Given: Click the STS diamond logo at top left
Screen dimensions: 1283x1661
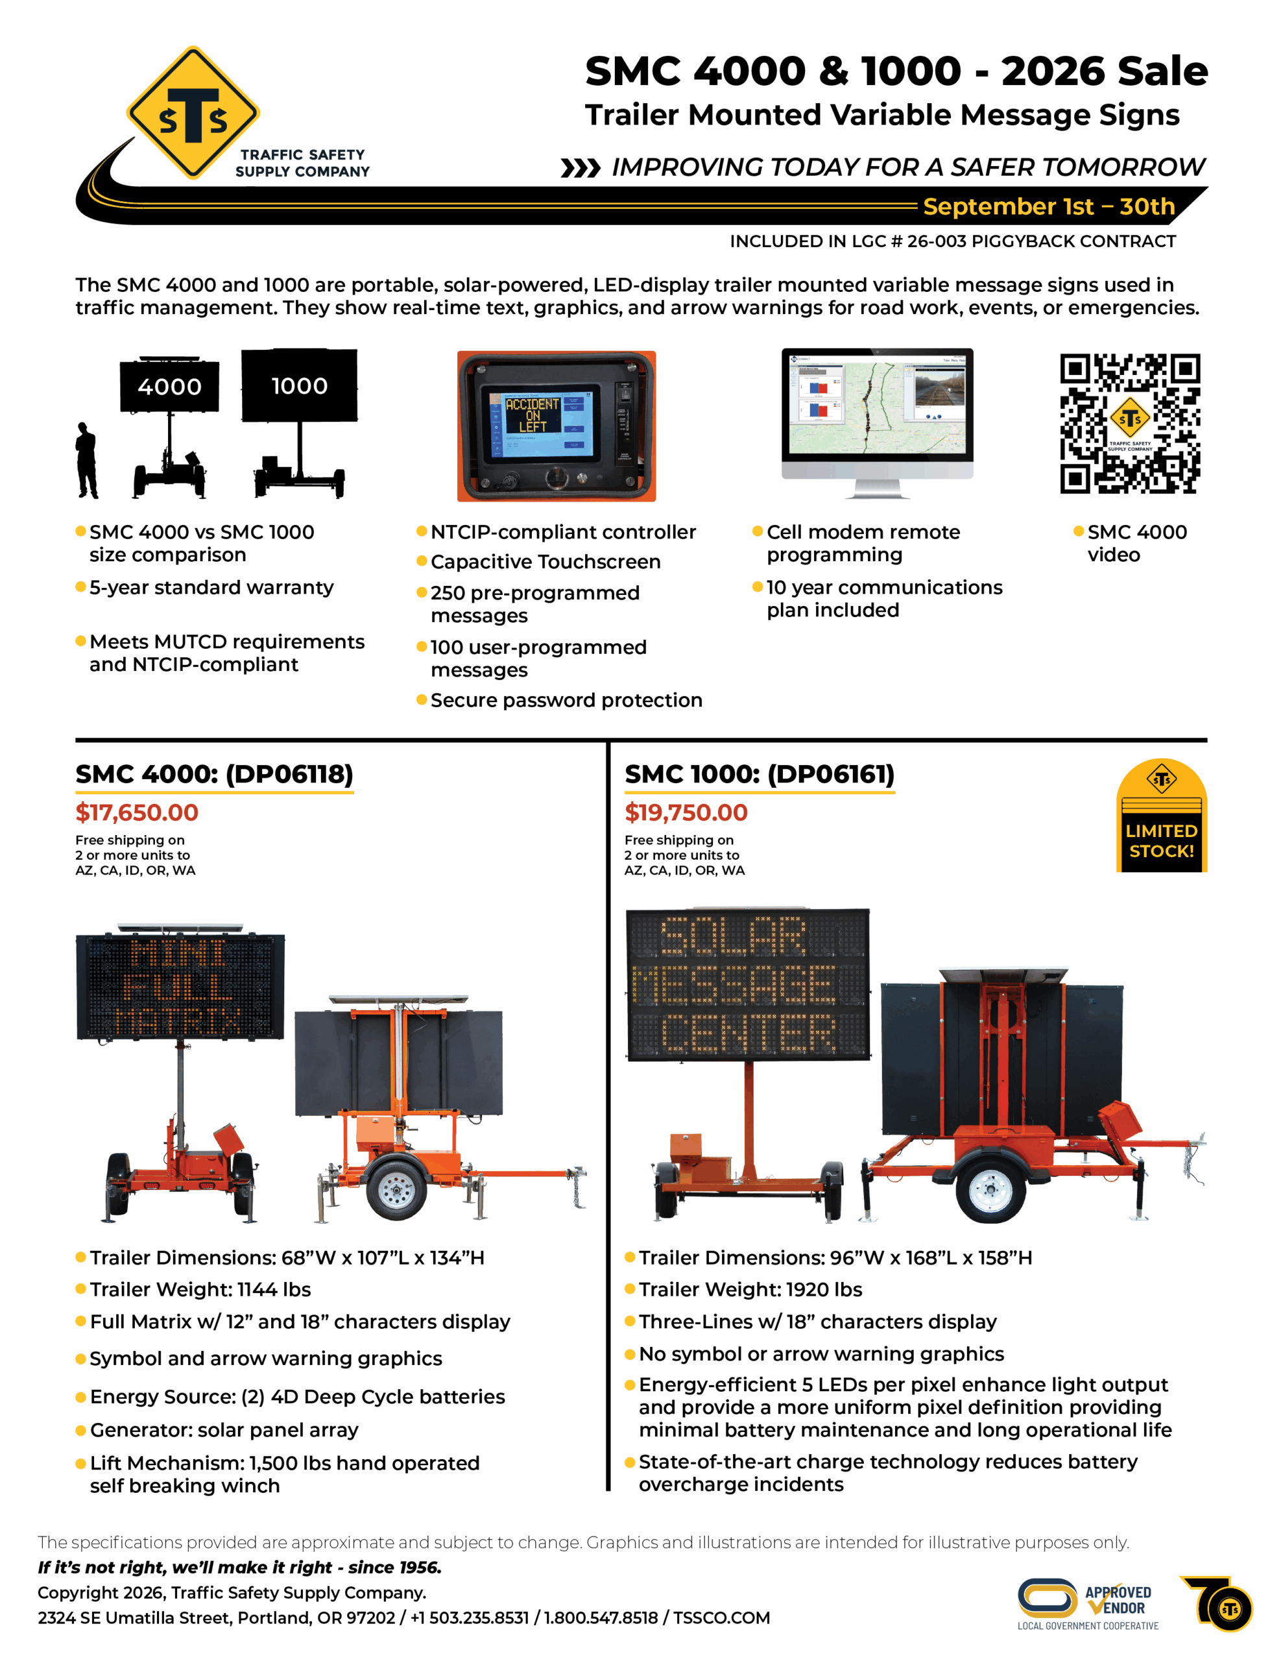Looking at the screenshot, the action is [193, 112].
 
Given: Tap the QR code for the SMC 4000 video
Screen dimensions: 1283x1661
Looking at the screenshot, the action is [1130, 424].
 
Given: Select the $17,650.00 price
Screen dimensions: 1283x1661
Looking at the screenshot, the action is [137, 812].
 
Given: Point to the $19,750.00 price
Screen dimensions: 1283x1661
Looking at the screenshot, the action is [686, 812].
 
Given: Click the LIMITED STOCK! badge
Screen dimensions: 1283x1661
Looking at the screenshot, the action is [1161, 816].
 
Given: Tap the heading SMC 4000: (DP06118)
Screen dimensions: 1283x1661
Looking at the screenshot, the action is [215, 774].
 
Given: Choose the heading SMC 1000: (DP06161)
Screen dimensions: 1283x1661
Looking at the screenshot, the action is [760, 774].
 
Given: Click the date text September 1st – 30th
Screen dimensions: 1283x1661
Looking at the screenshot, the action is [1049, 206].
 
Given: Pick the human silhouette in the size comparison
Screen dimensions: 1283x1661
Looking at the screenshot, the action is [87, 461].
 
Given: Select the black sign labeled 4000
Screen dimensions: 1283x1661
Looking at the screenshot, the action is [169, 385].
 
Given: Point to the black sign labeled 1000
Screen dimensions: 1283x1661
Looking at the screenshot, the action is [299, 385].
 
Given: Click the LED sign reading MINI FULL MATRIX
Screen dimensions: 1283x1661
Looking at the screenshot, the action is [180, 986].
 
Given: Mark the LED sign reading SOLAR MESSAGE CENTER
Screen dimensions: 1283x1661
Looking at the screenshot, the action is [748, 984].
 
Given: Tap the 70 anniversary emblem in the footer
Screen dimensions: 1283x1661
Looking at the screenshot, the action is [1217, 1603].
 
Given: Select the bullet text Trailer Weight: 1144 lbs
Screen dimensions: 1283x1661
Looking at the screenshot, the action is [200, 1290].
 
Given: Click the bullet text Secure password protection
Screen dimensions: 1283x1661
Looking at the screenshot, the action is [567, 701].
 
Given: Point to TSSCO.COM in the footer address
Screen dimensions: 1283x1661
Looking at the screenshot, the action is [722, 1618].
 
